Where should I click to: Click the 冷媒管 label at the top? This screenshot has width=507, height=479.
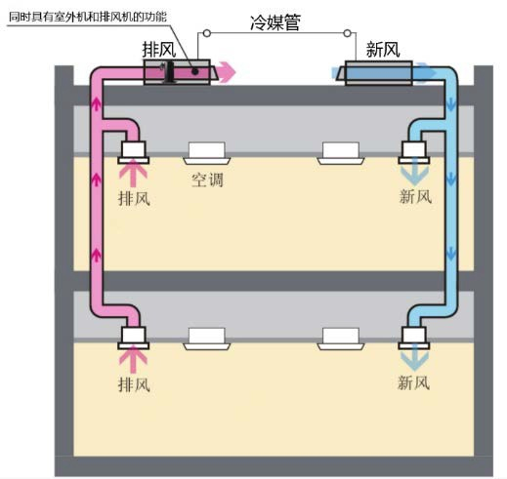[x=275, y=22]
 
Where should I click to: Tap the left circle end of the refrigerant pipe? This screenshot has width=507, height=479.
[x=207, y=33]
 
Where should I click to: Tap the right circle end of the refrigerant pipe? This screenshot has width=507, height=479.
[x=347, y=33]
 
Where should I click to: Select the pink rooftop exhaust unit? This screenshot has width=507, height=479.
[x=178, y=72]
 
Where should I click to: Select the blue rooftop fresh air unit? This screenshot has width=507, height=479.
[x=375, y=73]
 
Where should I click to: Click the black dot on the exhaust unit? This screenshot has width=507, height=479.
[x=195, y=71]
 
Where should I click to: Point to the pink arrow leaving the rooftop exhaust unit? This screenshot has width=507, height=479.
[x=227, y=72]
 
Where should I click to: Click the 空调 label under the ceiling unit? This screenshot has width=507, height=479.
[x=207, y=180]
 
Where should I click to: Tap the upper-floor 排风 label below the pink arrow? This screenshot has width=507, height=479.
[x=134, y=198]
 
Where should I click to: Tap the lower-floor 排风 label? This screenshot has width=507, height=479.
[x=134, y=384]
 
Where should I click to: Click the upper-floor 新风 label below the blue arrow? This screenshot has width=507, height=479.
[x=415, y=196]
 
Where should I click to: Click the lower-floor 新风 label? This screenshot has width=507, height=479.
[x=413, y=382]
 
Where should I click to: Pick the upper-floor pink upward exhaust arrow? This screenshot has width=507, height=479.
[x=133, y=176]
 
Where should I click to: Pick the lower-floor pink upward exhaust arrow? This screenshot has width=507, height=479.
[x=133, y=360]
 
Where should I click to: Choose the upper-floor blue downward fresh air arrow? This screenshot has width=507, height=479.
[x=414, y=175]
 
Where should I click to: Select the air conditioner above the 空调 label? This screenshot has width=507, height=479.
[x=207, y=153]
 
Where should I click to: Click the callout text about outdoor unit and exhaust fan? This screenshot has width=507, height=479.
[x=88, y=17]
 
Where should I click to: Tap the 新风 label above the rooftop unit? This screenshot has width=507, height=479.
[x=383, y=50]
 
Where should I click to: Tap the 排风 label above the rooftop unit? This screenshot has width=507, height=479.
[x=159, y=50]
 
